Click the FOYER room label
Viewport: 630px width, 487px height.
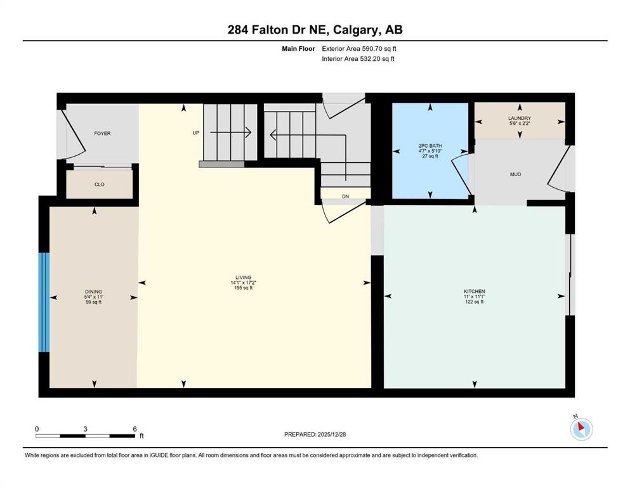coord(102,133)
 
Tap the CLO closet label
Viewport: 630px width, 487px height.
coord(99,185)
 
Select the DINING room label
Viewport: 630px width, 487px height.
coord(93,292)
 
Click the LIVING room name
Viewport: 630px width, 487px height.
coord(244,277)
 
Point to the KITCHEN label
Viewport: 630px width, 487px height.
coord(475,291)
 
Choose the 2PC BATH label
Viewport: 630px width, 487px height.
coord(430,146)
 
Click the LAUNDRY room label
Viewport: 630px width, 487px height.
coord(520,118)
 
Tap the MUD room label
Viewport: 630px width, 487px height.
coord(516,174)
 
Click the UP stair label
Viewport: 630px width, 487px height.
coord(195,133)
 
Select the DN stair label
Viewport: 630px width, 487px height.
coord(345,197)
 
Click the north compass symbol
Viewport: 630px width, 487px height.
coord(581,429)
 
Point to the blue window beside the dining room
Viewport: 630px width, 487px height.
coord(44,302)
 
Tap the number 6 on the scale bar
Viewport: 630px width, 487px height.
coord(135,429)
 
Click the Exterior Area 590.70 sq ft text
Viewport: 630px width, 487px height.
coord(359,49)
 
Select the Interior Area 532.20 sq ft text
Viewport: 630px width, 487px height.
coord(358,58)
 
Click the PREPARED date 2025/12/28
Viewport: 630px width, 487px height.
coord(331,434)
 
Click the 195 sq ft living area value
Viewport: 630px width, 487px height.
coord(244,287)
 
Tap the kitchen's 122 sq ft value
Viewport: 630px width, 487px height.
coord(475,301)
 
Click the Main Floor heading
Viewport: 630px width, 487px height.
coord(298,49)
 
